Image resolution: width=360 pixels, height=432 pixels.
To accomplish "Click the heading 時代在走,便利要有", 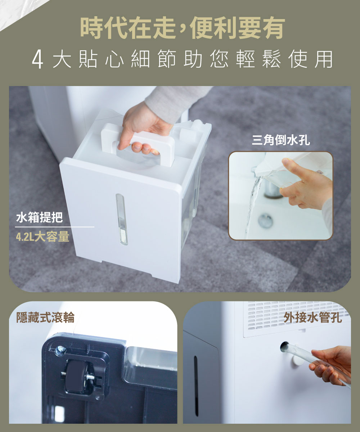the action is [183, 28].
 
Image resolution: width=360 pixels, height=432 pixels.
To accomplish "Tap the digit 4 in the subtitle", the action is [38, 60].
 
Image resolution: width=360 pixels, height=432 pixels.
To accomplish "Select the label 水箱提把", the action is [39, 217].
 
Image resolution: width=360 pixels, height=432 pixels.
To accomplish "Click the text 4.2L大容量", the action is [42, 237].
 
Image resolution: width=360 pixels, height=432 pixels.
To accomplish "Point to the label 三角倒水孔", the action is [281, 141].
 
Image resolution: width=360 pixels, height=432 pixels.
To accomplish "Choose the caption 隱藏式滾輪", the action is [45, 318].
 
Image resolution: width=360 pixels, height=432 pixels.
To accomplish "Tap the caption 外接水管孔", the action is [312, 318].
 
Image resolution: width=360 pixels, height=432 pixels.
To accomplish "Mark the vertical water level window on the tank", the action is [122, 220].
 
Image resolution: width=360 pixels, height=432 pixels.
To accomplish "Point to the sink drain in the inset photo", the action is [265, 221].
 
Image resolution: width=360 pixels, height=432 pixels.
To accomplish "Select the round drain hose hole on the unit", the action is [285, 347].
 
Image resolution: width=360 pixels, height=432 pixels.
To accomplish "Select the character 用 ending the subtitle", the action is [323, 60].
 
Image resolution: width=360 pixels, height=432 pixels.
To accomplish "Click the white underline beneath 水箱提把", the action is [55, 227].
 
